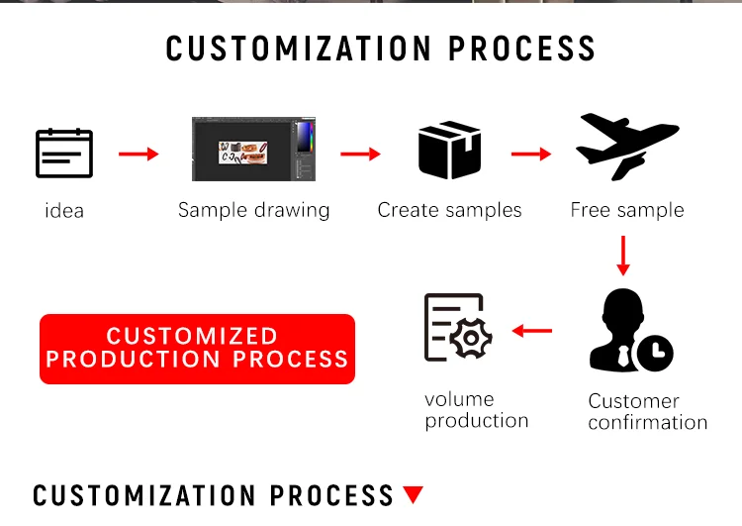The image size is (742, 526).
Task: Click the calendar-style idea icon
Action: coord(64,154)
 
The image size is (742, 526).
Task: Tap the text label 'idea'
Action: coord(64,211)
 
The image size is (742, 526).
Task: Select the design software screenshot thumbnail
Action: coord(253,150)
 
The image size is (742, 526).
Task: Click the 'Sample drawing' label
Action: coord(253,210)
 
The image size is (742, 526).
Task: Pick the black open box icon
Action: coord(449,152)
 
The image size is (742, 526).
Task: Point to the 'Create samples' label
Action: coord(449,210)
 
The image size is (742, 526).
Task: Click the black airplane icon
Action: coord(626,147)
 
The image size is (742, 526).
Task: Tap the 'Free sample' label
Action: coord(627,210)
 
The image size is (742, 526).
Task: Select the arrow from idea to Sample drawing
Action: coord(139,154)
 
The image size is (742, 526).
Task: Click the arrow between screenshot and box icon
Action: coord(361,154)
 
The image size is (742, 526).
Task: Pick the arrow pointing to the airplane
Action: coord(531,154)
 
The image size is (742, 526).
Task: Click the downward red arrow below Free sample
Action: coord(622,255)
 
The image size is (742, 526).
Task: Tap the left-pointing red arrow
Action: coord(532,330)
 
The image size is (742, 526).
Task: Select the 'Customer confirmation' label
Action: coord(647,412)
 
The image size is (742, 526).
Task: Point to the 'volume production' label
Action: coord(476,410)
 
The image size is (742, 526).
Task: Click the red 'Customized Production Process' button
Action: coord(197,349)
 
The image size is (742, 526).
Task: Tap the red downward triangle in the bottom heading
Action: coord(414,494)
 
